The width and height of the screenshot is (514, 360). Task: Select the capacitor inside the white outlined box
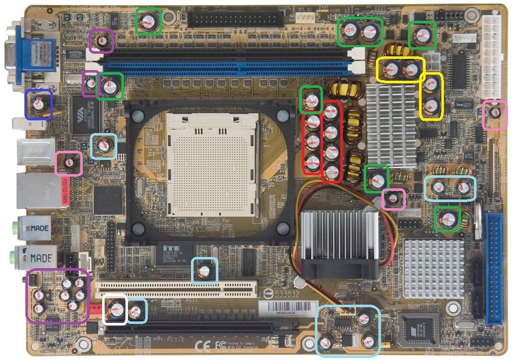115,309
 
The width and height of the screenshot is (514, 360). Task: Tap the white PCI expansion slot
175,289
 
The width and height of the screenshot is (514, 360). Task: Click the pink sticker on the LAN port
65,191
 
